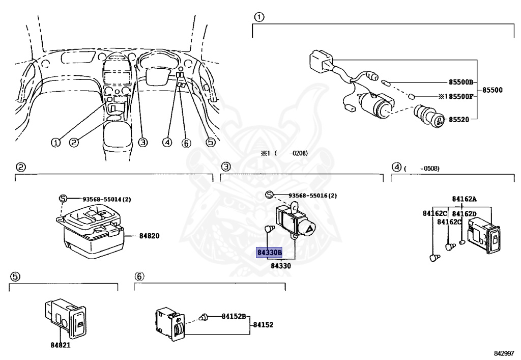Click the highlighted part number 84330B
[x=269, y=253]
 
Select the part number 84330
[x=280, y=265]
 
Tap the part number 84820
[x=149, y=236]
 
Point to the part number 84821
[x=60, y=345]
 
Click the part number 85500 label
[x=492, y=90]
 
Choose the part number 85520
[x=460, y=120]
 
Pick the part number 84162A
[x=464, y=199]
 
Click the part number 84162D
[x=464, y=214]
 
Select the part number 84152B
[x=234, y=316]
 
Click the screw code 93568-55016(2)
[x=312, y=196]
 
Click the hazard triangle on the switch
[x=309, y=230]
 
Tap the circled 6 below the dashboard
[x=186, y=143]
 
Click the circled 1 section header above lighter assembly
[x=258, y=18]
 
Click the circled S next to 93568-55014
[x=63, y=199]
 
